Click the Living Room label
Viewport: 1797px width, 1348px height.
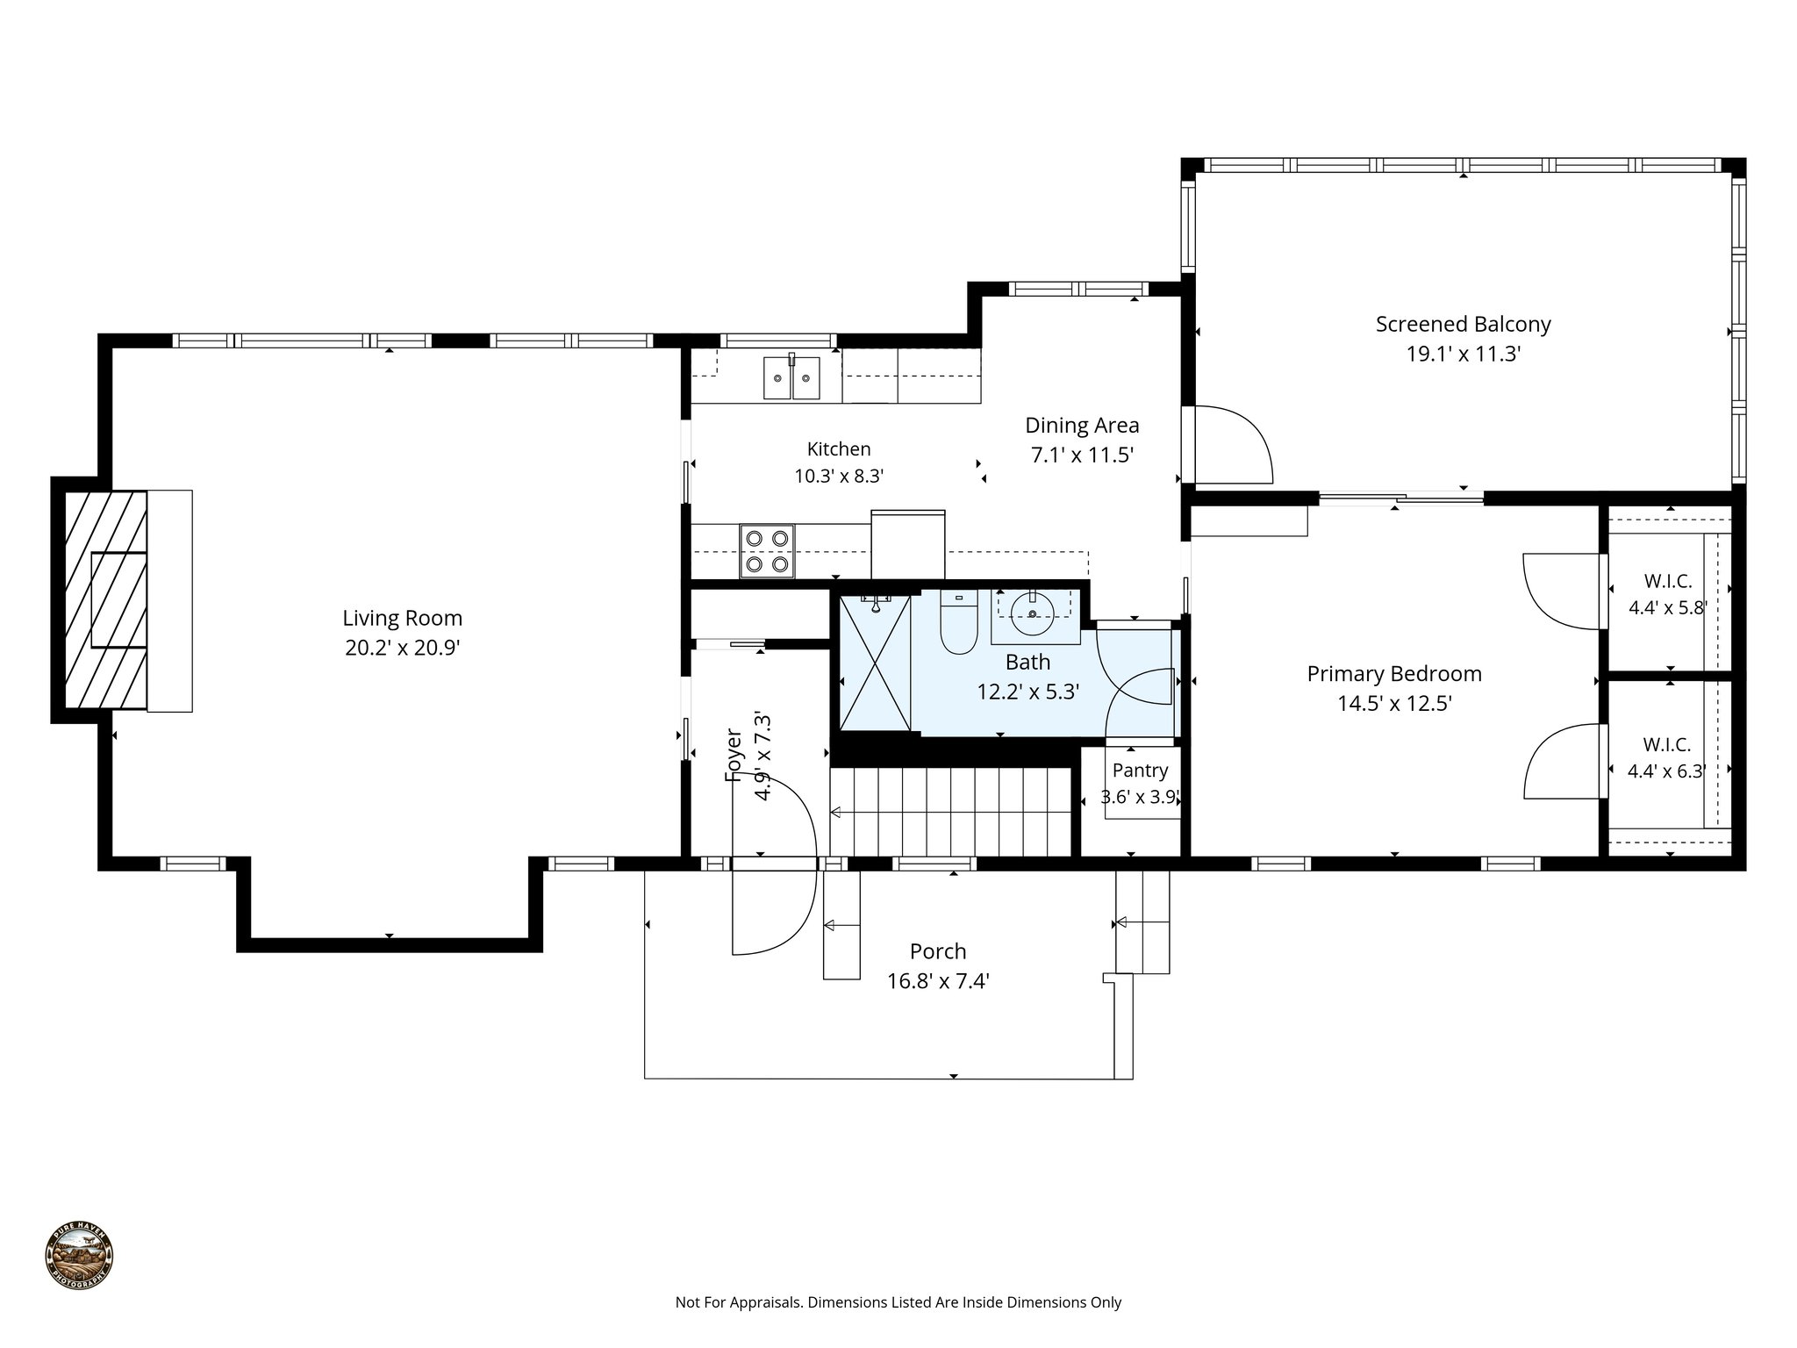click(x=402, y=618)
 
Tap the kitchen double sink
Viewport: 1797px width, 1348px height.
click(x=791, y=377)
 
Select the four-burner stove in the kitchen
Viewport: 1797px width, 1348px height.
click(x=767, y=550)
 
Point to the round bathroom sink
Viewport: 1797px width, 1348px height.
click(x=1032, y=612)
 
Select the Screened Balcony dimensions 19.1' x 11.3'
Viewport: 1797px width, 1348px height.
click(x=1462, y=355)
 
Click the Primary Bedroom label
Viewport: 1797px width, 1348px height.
click(x=1393, y=674)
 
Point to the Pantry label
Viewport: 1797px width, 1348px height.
click(x=1140, y=771)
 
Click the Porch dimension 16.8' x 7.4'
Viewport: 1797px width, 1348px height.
click(x=938, y=981)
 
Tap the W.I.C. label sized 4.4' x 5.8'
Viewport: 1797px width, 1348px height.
click(x=1666, y=581)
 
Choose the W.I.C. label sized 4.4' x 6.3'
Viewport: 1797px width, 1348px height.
click(x=1665, y=745)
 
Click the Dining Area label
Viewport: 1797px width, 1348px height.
click(x=1082, y=426)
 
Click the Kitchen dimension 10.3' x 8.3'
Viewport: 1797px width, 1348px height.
click(x=839, y=477)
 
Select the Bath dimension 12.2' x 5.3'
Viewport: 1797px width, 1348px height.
click(x=1027, y=692)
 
